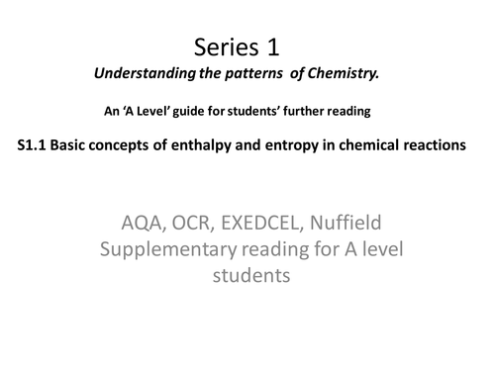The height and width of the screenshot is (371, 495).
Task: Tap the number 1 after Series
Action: [x=281, y=46]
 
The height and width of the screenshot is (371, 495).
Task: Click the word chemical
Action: [x=382, y=144]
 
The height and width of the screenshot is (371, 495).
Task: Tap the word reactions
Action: [x=449, y=144]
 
